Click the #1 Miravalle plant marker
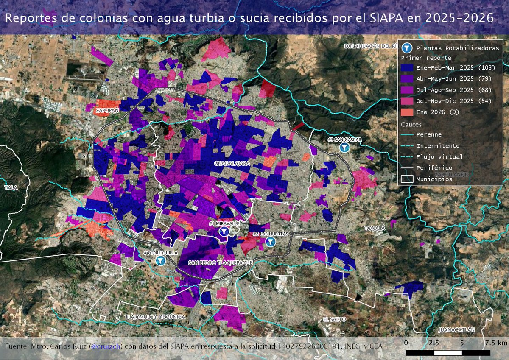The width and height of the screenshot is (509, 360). click(224, 232)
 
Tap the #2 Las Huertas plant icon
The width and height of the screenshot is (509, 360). click(270, 242)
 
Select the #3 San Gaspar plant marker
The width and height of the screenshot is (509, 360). click(345, 147)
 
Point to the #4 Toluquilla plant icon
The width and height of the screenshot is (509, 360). click(160, 260)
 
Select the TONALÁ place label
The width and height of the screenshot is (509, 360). click(375, 228)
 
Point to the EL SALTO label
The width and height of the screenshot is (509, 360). click(334, 319)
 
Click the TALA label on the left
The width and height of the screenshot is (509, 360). click(11, 187)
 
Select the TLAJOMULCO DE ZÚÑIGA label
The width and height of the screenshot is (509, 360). click(156, 317)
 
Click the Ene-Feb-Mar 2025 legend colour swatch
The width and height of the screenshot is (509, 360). click(407, 68)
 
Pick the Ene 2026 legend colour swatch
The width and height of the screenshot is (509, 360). click(407, 112)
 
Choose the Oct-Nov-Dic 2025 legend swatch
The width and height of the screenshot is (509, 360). click(407, 101)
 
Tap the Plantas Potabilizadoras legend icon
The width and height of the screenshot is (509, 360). click(407, 48)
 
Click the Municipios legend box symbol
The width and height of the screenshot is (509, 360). click(407, 179)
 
